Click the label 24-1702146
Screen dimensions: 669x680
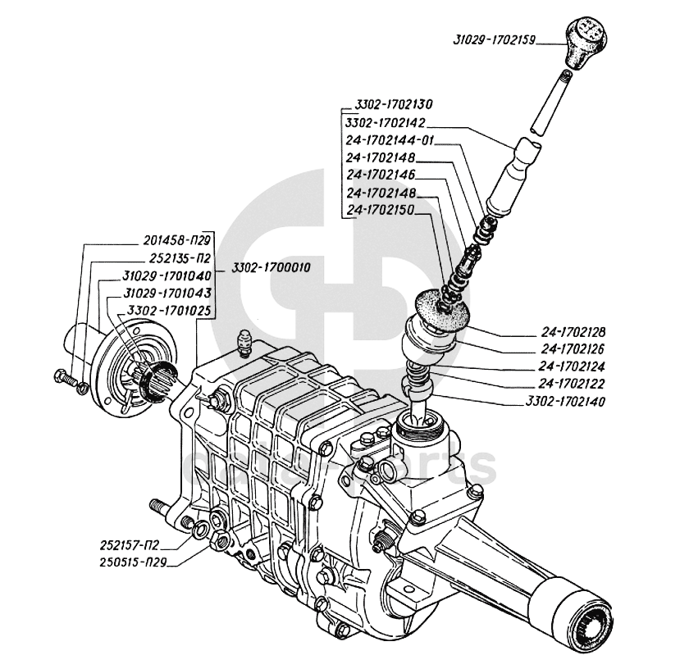(x=381, y=175)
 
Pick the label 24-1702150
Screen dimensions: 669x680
(x=381, y=210)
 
